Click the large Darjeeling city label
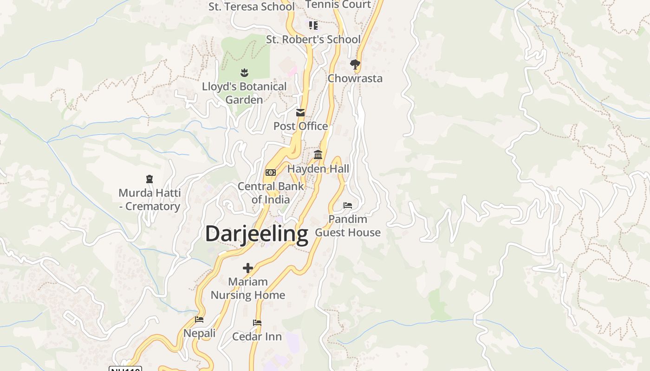pos(256,234)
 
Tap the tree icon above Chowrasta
pos(355,64)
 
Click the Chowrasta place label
pos(355,78)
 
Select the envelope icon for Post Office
pos(300,113)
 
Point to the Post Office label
pos(300,126)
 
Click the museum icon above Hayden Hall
pos(318,154)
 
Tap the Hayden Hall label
pos(318,169)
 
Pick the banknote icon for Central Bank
pos(270,173)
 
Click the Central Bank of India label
pos(271,193)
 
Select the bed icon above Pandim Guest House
pos(348,205)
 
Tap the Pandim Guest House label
pos(348,225)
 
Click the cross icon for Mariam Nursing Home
pos(248,268)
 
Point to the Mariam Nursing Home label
pos(248,288)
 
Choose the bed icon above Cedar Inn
pos(257,323)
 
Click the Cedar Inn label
pos(257,336)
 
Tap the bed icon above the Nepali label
pos(199,320)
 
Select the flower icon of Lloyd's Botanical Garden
pos(244,72)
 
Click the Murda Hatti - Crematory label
pos(149,199)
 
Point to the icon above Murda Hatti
pos(149,179)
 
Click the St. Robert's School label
pos(313,39)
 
